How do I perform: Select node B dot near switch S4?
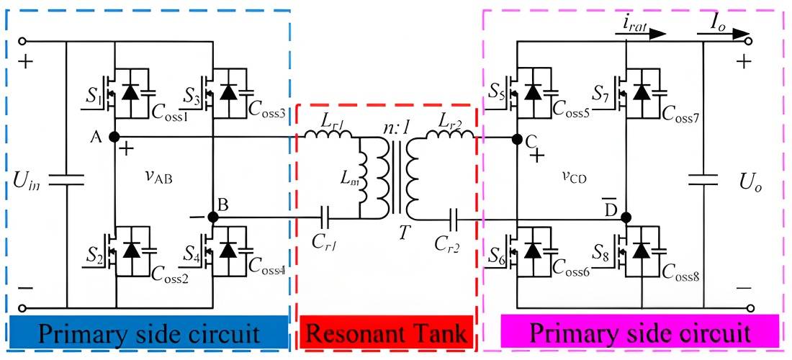pos(212,217)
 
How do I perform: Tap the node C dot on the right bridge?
pos(516,138)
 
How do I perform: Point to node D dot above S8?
pos(626,217)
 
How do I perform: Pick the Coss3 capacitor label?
pos(268,110)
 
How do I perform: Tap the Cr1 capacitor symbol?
pos(325,217)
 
